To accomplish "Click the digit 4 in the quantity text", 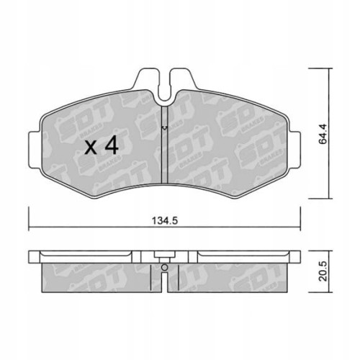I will point(111,147).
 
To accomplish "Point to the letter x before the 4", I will point(91,148).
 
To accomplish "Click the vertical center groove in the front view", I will point(165,155).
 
